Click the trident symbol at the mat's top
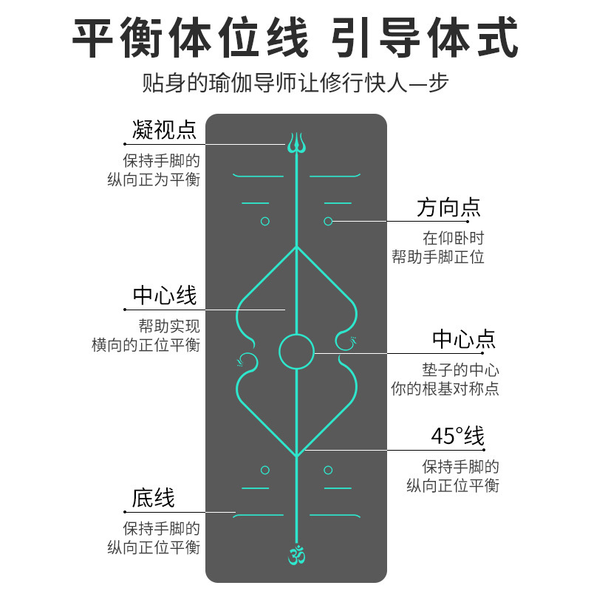296,143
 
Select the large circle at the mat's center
296,351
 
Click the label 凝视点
164,130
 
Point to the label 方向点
448,208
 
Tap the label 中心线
165,296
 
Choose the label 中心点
464,340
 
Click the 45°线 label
457,437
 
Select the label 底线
154,498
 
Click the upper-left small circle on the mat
265,221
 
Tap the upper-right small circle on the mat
328,221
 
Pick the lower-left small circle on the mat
265,470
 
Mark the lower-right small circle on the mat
328,470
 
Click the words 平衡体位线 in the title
190,38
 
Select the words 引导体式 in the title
425,38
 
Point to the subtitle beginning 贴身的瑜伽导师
295,82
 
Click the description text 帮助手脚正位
438,257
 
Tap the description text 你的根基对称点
445,389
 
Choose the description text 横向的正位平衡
146,345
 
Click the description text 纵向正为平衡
153,180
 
